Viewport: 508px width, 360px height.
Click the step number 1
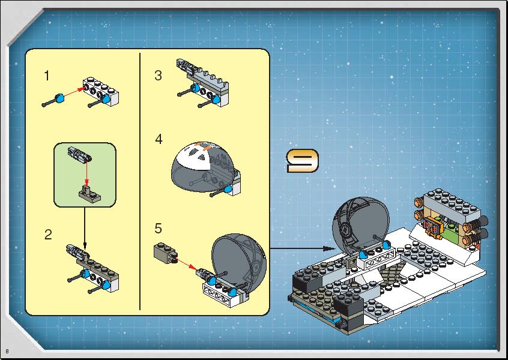tap(47, 76)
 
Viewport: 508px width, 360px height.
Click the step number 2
tap(48, 235)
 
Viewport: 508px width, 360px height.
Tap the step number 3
tap(158, 76)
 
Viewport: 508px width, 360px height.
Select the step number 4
tap(159, 139)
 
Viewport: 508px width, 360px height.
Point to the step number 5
tap(158, 228)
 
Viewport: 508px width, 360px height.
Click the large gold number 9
tap(303, 161)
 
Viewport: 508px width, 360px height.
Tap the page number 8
tap(7, 352)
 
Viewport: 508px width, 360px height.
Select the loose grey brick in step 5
tap(165, 253)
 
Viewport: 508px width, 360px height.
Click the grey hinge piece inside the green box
tap(79, 154)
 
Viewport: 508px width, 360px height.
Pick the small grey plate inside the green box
tap(89, 194)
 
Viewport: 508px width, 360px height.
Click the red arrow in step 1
tap(74, 92)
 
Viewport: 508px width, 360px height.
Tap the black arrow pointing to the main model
tap(303, 248)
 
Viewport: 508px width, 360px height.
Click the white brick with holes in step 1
tap(101, 91)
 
